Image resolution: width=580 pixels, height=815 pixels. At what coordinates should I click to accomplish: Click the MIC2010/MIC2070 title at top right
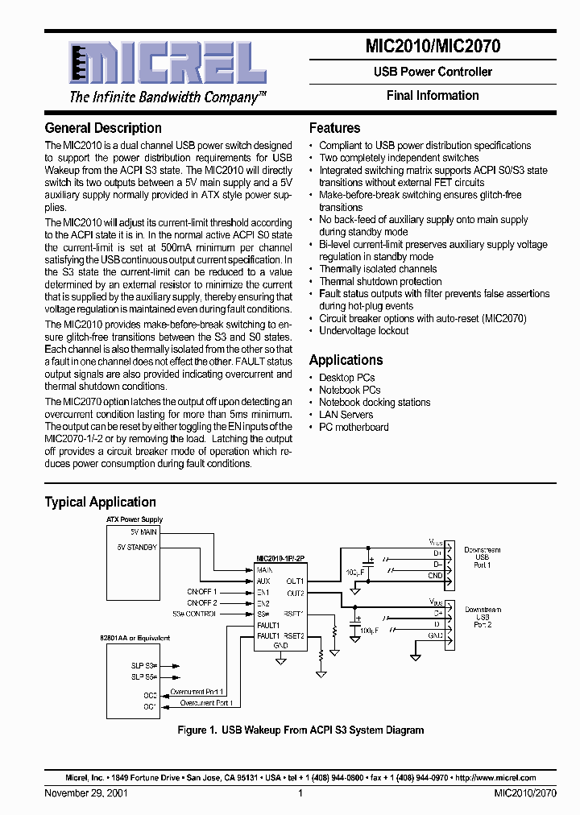coord(433,47)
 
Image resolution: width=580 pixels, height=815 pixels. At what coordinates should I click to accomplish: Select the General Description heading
coord(103,128)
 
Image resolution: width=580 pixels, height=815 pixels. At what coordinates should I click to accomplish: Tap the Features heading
coord(334,128)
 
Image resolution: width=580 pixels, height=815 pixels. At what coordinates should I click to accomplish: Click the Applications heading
coord(346,360)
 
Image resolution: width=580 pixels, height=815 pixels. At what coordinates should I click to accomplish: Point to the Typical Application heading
coord(100,502)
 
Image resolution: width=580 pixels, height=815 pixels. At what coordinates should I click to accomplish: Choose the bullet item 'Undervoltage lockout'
coord(363,331)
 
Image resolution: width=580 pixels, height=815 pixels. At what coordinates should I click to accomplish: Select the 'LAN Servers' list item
coord(346,415)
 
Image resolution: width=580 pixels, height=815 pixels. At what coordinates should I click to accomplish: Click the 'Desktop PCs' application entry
coord(346,378)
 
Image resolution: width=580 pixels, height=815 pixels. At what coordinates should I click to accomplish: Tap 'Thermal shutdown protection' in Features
coord(380,282)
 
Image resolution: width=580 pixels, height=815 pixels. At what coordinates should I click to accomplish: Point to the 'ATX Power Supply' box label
coord(135,520)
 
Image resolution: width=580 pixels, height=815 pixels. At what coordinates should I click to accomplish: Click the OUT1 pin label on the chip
coord(294,581)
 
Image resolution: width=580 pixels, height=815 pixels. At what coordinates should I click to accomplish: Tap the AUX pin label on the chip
coord(263,581)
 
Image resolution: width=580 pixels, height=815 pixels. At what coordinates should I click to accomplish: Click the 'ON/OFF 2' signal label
coord(201,602)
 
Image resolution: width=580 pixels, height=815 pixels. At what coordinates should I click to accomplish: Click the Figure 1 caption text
coord(300,730)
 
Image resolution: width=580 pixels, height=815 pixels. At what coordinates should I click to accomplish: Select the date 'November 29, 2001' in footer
coord(85,793)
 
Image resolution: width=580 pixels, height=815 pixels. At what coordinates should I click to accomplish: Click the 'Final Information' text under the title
coord(433,96)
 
